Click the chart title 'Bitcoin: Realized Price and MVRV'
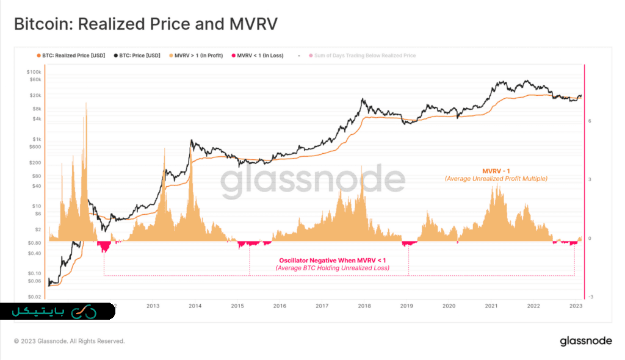[x=146, y=24]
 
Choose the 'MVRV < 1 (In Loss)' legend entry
[x=259, y=56]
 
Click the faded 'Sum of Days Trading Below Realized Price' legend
[x=365, y=56]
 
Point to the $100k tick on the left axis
[x=33, y=71]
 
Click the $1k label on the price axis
[x=37, y=139]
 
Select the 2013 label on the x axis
[x=153, y=306]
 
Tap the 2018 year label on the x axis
[x=364, y=306]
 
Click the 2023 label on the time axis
[x=576, y=306]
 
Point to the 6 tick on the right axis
[x=590, y=121]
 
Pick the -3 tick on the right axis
[x=590, y=297]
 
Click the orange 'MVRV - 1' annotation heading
[x=496, y=170]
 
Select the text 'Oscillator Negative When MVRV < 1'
[x=332, y=261]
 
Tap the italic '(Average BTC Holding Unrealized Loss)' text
[x=332, y=268]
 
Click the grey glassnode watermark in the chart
[x=312, y=181]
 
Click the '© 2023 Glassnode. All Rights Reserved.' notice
[x=69, y=341]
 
